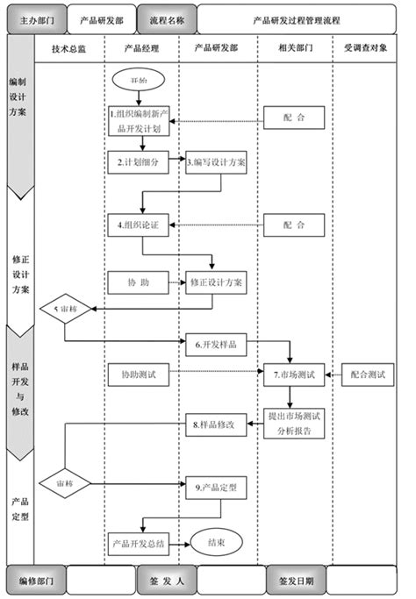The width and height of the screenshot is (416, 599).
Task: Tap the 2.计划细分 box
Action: click(138, 163)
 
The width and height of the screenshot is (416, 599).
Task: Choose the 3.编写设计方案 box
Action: click(217, 163)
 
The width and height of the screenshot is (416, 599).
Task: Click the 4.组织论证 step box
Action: click(139, 225)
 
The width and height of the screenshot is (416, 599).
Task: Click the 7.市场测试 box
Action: click(295, 374)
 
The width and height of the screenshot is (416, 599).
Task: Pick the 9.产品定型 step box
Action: click(216, 485)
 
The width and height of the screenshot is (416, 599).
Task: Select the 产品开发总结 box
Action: click(138, 543)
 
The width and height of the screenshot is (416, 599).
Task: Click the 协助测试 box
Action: click(138, 374)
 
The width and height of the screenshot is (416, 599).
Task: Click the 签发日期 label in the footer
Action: click(295, 580)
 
